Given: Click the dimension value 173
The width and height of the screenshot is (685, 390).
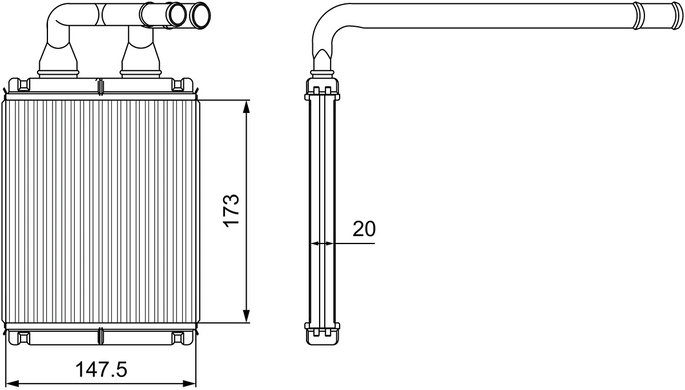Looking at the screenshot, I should click(x=231, y=211).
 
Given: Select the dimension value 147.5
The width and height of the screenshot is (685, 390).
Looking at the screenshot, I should click(x=102, y=369).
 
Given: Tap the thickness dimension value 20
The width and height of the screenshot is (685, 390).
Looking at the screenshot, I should click(x=364, y=229).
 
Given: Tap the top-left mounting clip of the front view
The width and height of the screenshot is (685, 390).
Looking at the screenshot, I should click(x=23, y=85).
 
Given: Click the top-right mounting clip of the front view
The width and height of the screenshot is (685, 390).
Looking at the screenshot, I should click(x=179, y=85).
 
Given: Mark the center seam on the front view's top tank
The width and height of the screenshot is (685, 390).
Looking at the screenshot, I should click(x=100, y=86).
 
